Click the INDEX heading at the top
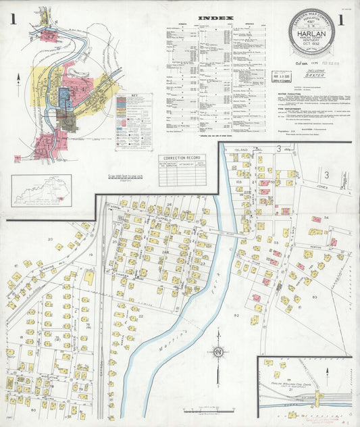pyautogui.click(x=216, y=18)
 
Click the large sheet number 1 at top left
pyautogui.click(x=12, y=20)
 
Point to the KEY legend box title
pyautogui.click(x=139, y=96)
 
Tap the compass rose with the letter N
pyautogui.click(x=217, y=352)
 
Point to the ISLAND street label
pyautogui.click(x=242, y=149)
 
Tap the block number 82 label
pyautogui.click(x=236, y=316)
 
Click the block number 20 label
pyautogui.click(x=49, y=239)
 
